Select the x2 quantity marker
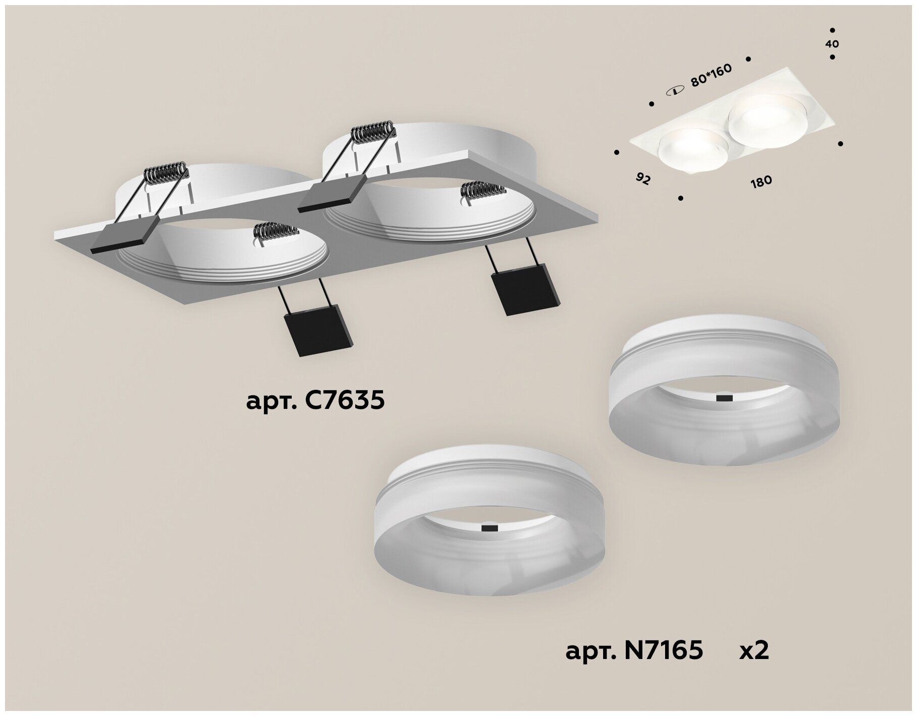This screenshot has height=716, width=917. (x=754, y=651)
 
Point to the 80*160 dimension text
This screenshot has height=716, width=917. (x=711, y=76)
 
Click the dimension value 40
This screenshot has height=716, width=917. (x=832, y=44)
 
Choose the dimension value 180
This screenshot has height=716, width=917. (x=761, y=181)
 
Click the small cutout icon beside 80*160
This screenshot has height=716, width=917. (x=673, y=91)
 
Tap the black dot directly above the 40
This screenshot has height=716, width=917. (x=832, y=30)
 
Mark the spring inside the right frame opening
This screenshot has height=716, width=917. (x=483, y=191)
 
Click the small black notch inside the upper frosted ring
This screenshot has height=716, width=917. (x=725, y=398)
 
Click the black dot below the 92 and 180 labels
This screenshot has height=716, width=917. (x=681, y=198)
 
